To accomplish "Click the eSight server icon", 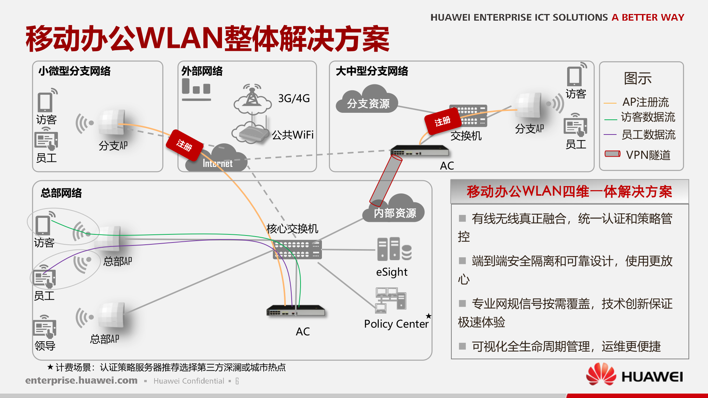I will [394, 249].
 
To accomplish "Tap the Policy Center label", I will [396, 324].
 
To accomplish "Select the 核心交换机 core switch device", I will [297, 249].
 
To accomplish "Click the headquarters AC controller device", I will [296, 311].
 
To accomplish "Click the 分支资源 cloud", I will [368, 102].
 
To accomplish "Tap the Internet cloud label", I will [218, 163].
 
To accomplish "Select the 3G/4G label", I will [294, 98].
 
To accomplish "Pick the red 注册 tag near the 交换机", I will [442, 121].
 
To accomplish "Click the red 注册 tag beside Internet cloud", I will [184, 145].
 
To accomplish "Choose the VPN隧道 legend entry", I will [638, 155].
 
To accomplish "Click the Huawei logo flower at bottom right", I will [601, 374].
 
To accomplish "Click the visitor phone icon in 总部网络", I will [43, 225].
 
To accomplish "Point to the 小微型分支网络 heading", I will [74, 71].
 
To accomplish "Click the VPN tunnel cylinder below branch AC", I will [386, 181].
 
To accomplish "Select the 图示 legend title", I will [638, 78].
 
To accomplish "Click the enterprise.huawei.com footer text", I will [81, 380].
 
